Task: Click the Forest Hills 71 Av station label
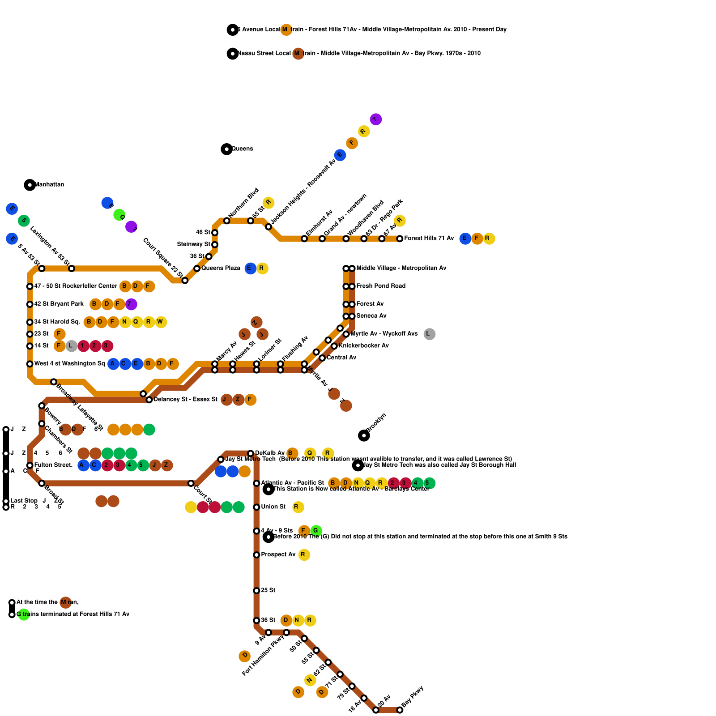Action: tap(429, 239)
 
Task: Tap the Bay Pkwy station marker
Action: tap(400, 710)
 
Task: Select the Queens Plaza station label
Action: tap(221, 268)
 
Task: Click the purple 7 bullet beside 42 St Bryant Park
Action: tap(131, 304)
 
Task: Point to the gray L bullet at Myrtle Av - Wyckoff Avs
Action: tap(430, 334)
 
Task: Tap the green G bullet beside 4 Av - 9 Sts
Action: tap(316, 531)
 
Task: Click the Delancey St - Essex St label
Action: tap(185, 400)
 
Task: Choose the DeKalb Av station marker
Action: tap(251, 453)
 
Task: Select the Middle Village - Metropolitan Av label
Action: tap(401, 268)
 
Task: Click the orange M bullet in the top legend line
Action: tap(286, 30)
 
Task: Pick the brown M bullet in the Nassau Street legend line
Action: tap(298, 54)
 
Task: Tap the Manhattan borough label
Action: tap(49, 185)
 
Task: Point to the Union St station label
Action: tap(273, 507)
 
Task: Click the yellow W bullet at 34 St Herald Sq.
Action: tap(161, 322)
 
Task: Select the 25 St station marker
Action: tap(256, 591)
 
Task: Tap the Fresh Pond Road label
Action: tap(381, 286)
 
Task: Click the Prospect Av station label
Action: tap(278, 555)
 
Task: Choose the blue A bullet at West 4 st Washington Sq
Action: tap(113, 364)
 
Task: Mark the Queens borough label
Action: tap(242, 149)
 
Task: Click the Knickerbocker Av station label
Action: tap(363, 346)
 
